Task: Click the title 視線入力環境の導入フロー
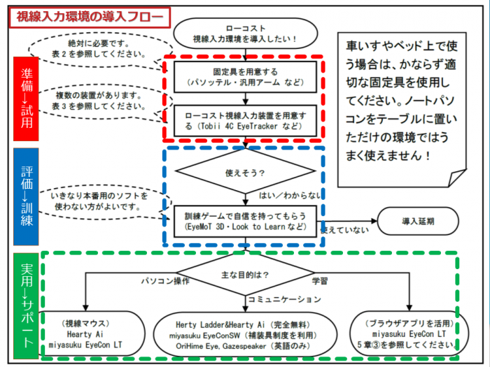[x=90, y=17]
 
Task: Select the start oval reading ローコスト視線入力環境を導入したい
[x=245, y=34]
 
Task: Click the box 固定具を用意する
[x=245, y=77]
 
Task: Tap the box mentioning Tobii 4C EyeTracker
[x=245, y=121]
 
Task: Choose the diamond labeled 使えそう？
[x=245, y=171]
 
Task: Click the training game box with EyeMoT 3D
[x=245, y=222]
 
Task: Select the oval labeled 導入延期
[x=418, y=221]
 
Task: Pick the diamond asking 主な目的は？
[x=245, y=274]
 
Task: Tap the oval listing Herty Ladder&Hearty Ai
[x=245, y=334]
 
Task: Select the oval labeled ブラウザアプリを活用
[x=409, y=333]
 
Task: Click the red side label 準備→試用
[x=26, y=99]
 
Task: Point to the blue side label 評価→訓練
[x=26, y=196]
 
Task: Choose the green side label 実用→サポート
[x=26, y=306]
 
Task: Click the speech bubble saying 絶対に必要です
[x=99, y=50]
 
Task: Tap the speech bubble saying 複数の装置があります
[x=99, y=101]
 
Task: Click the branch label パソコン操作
[x=165, y=281]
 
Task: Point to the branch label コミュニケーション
[x=284, y=300]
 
